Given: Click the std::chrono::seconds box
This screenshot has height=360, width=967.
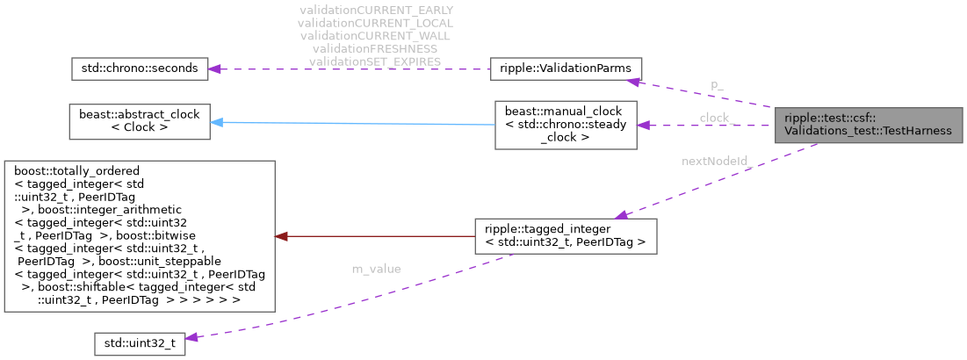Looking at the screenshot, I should click(139, 68).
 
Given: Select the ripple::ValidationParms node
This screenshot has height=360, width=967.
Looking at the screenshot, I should click(566, 68).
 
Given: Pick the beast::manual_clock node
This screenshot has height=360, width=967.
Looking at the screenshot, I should click(566, 124).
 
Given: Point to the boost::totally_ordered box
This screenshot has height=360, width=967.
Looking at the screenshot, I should click(139, 235).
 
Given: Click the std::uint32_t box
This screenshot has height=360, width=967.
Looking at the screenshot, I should click(140, 344).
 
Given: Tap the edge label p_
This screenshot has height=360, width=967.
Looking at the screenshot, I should click(717, 85).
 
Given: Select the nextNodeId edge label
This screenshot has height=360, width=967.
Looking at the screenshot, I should click(714, 162).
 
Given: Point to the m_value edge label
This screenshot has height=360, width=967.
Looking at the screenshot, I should click(376, 269).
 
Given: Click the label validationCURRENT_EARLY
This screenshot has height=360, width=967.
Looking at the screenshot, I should click(376, 11).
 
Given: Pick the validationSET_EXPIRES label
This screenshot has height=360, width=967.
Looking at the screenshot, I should click(376, 61).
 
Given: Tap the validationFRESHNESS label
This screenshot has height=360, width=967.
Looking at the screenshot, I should click(376, 48).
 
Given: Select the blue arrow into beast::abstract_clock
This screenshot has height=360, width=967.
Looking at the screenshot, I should click(351, 124).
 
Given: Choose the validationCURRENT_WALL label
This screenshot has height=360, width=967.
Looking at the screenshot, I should click(376, 36).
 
